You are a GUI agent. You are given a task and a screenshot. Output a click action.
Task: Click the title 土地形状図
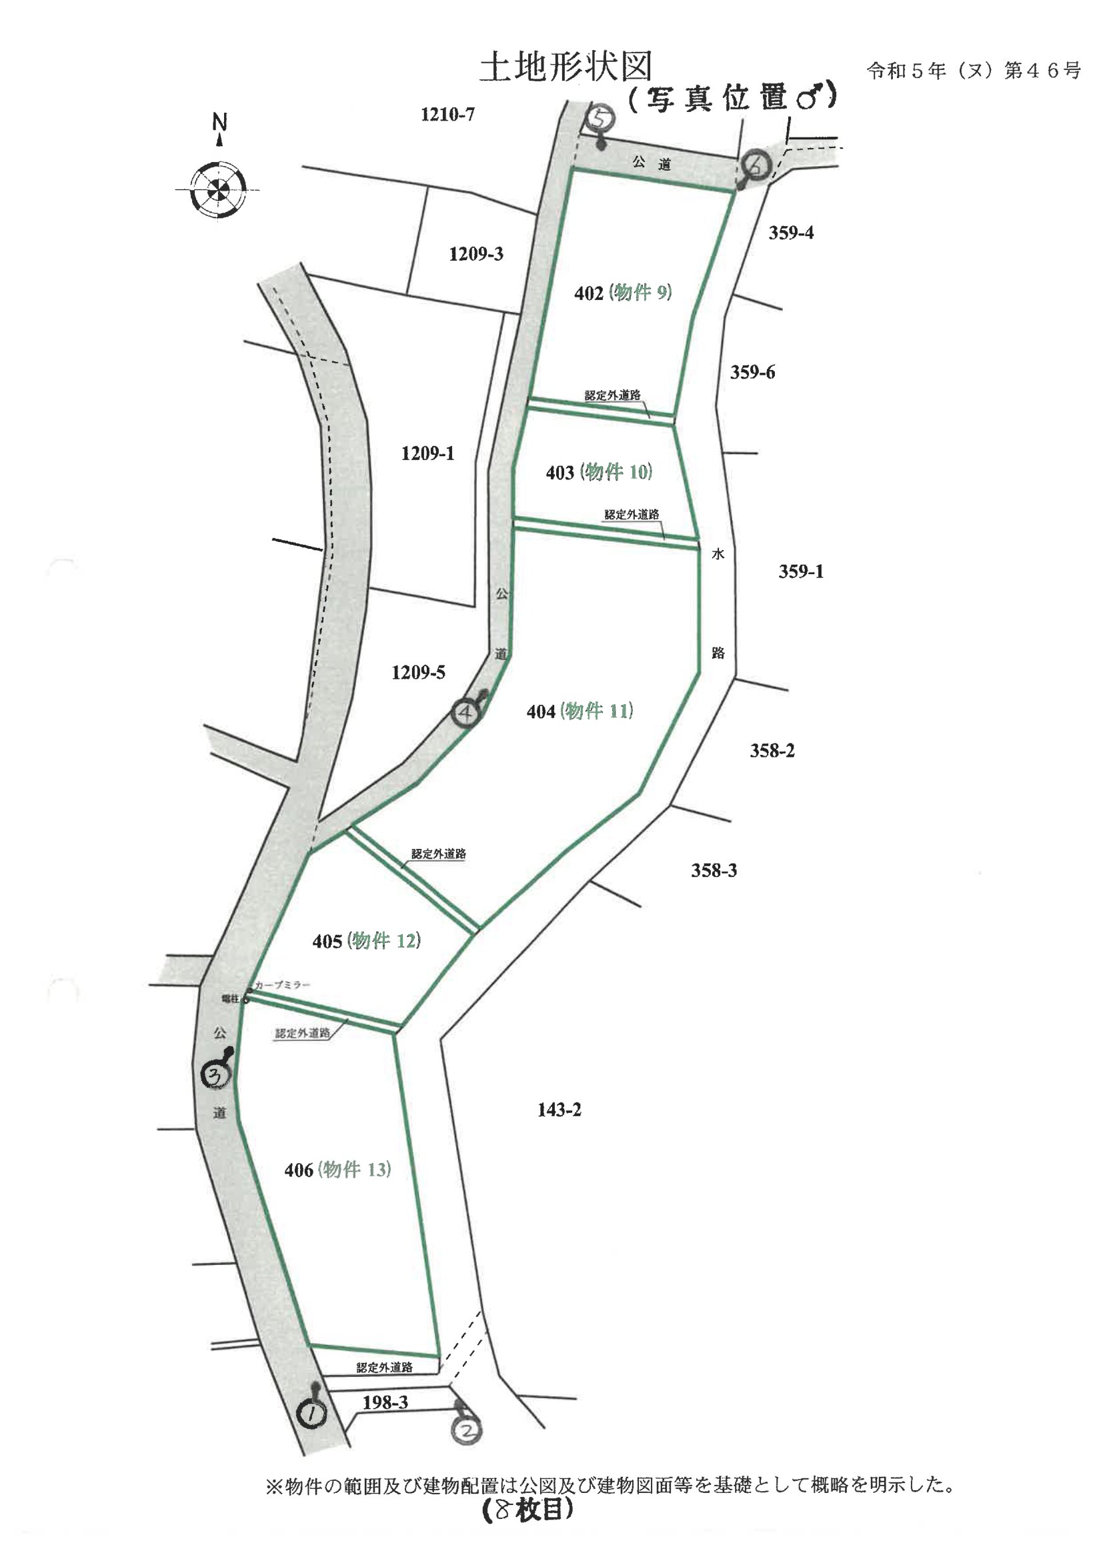pos(566,67)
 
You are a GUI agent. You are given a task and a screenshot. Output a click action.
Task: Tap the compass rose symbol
pos(217,188)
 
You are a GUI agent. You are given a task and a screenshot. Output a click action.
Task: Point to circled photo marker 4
pos(467,713)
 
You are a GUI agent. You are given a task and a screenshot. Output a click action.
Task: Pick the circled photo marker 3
pos(217,1074)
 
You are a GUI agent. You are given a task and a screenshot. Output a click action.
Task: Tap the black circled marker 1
pos(311,1414)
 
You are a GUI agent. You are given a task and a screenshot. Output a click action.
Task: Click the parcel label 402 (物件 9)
pos(623,293)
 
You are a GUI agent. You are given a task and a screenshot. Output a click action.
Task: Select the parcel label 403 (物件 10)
pos(598,472)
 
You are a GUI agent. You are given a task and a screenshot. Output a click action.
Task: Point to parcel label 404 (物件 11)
pos(580,711)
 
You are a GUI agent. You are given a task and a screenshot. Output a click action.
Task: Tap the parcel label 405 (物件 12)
pos(366,940)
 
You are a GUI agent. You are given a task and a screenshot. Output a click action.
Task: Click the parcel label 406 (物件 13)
pos(337,1170)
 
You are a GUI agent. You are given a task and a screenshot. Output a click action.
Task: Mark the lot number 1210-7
pos(447,114)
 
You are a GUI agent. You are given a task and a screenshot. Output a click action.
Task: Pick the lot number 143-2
pos(559,1110)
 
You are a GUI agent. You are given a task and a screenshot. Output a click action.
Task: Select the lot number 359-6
pos(752,372)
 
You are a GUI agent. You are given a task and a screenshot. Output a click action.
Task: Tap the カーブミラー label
pos(282,985)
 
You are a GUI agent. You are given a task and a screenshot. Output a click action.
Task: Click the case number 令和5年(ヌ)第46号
pos(972,71)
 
